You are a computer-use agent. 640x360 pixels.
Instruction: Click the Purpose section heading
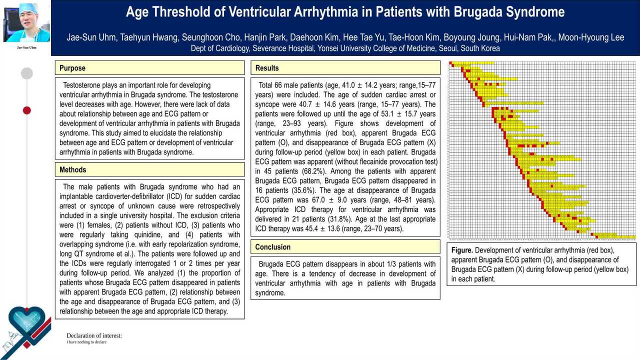point(72,68)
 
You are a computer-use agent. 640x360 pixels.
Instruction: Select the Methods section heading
point(73,170)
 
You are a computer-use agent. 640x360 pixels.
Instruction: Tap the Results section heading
point(267,68)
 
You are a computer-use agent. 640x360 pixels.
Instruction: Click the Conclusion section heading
point(272,247)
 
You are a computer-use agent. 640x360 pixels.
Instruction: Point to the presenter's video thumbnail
point(26,23)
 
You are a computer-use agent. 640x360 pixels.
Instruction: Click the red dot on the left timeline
point(27,110)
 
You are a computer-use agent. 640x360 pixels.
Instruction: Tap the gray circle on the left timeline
point(27,73)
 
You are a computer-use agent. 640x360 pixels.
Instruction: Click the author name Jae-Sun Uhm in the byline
point(91,37)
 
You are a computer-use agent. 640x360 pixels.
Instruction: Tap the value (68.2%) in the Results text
point(301,171)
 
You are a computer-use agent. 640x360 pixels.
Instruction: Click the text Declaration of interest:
point(94,335)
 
